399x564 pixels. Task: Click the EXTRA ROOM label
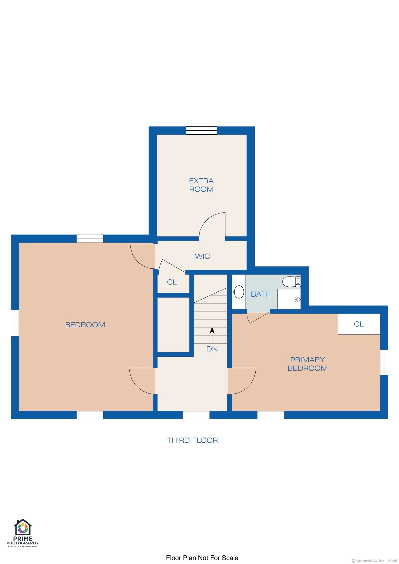pos(201,185)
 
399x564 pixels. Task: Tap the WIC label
pos(202,256)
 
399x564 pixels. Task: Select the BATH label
pos(261,294)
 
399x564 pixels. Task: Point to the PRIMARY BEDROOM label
pos(308,364)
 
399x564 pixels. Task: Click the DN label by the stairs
pos(212,349)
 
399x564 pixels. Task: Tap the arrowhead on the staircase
pos(212,330)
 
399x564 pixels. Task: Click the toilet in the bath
pos(291,282)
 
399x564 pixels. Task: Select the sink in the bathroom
pos(239,292)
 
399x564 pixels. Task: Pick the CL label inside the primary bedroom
pos(359,324)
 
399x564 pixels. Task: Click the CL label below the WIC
pos(172,282)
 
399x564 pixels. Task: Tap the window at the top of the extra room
pos(201,130)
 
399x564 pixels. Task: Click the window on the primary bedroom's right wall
pos(384,362)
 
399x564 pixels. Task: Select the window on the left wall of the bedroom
pos(15,323)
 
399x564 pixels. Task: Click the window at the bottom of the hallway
pos(196,415)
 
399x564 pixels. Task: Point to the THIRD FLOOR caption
pos(192,440)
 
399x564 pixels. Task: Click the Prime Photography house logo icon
pos(23,527)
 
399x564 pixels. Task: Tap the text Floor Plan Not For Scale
pos(202,558)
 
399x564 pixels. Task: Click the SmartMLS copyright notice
pos(375,561)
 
